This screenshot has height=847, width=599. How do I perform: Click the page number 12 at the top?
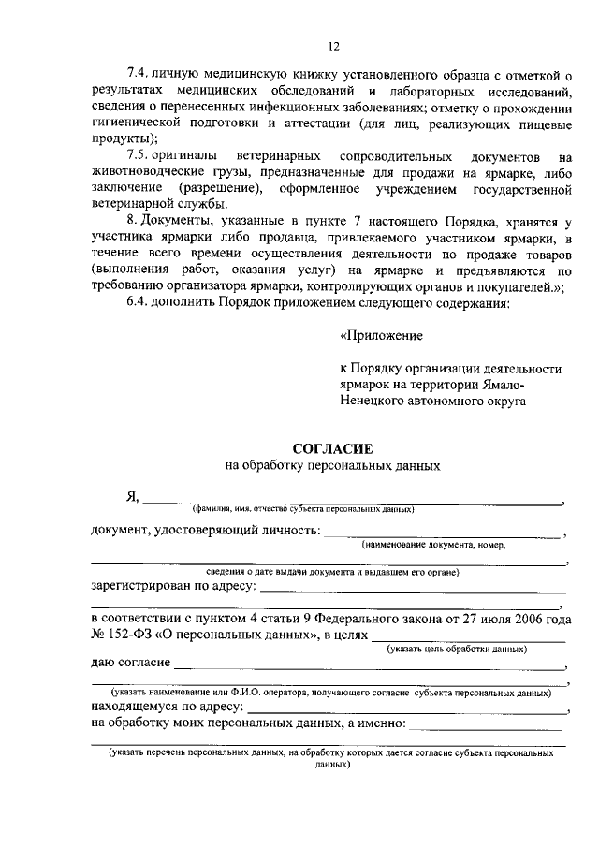[x=333, y=46]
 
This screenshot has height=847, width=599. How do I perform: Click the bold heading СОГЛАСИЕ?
[x=332, y=448]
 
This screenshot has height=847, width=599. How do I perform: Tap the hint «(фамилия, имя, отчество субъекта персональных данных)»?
[x=303, y=510]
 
